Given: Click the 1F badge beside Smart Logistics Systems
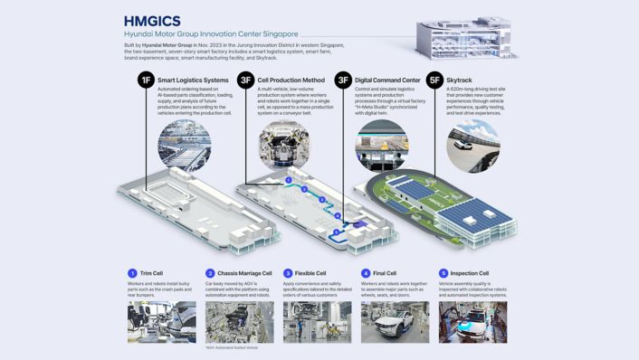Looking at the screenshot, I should pyautogui.click(x=145, y=81).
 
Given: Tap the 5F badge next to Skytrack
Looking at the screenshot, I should pyautogui.click(x=434, y=81).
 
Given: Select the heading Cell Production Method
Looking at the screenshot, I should pyautogui.click(x=291, y=81).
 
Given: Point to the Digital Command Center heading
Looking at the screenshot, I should pyautogui.click(x=387, y=81).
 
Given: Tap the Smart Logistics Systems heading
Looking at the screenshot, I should pyautogui.click(x=193, y=81).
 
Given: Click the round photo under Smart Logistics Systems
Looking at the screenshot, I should pyautogui.click(x=184, y=145).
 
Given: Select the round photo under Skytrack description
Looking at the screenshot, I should pyautogui.click(x=472, y=145).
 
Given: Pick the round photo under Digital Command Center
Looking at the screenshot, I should pyautogui.click(x=381, y=145).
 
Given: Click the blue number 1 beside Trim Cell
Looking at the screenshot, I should pyautogui.click(x=132, y=273).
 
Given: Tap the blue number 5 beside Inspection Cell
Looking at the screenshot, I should pyautogui.click(x=443, y=273).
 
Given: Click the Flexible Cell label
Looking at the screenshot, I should pyautogui.click(x=311, y=273).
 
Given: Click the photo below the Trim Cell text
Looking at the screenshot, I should pyautogui.click(x=162, y=322).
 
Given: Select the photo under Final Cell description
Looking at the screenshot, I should pyautogui.click(x=396, y=322).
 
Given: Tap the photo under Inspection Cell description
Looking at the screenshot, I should pyautogui.click(x=472, y=322).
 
